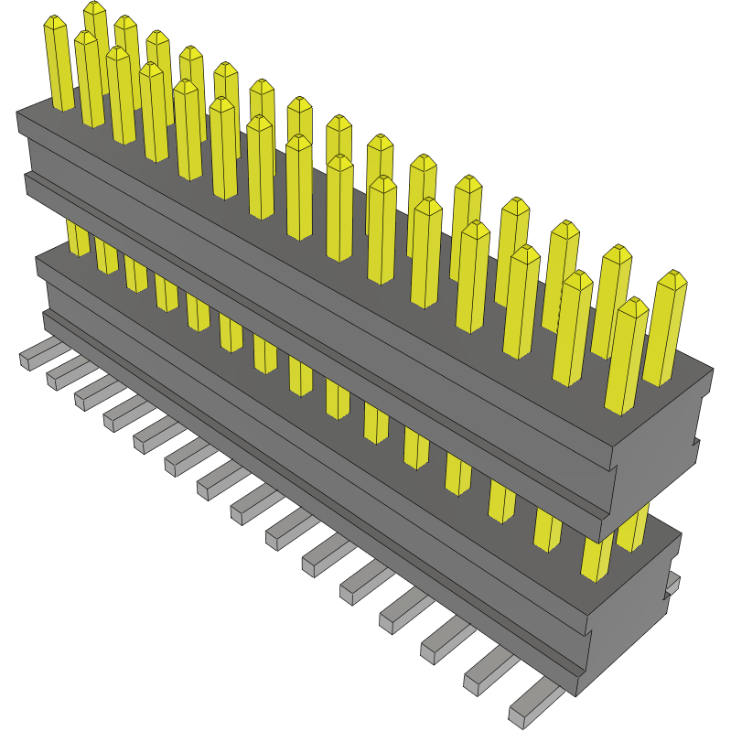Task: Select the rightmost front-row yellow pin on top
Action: coord(627,357)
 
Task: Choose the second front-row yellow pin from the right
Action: coord(574,329)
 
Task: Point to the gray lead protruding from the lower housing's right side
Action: coord(673,583)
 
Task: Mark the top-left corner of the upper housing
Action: coord(18,115)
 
